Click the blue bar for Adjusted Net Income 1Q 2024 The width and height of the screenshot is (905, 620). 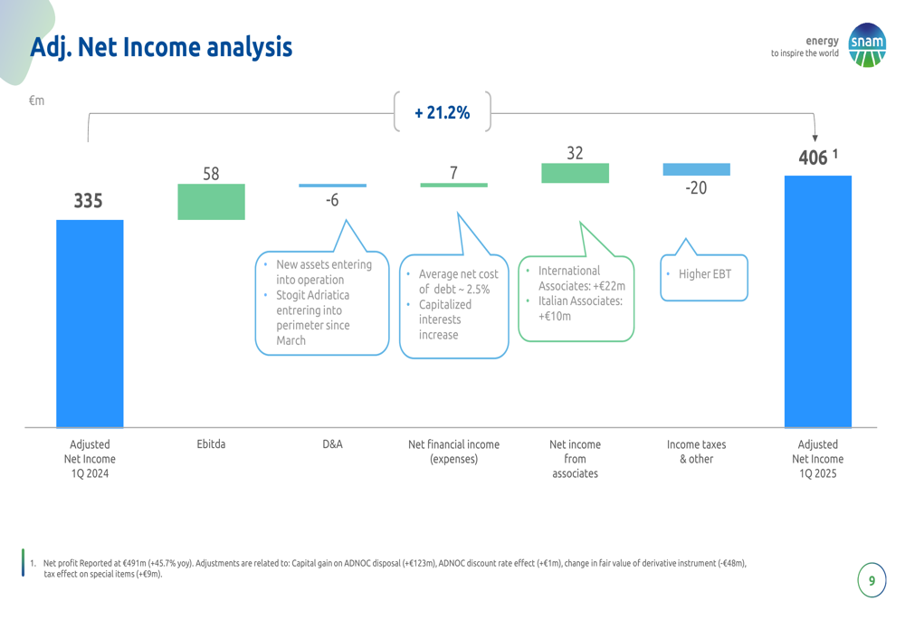90,324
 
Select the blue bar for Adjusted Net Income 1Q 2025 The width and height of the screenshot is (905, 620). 818,302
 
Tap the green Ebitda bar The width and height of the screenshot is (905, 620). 211,202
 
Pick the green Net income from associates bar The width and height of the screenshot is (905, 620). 575,173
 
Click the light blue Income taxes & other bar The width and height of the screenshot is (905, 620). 697,169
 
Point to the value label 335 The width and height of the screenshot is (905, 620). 89,201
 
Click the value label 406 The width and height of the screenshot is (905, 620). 814,157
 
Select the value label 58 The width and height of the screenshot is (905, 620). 211,174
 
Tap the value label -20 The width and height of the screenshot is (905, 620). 696,187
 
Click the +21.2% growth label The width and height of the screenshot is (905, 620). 443,112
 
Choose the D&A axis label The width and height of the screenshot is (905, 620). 332,444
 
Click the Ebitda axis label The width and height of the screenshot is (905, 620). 211,444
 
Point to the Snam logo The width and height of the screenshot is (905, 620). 867,45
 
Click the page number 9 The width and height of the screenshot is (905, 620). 872,580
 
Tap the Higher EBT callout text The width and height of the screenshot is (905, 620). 705,274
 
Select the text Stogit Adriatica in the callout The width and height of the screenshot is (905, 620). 313,295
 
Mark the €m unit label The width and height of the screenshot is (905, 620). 36,100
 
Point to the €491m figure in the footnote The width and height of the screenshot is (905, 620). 135,563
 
